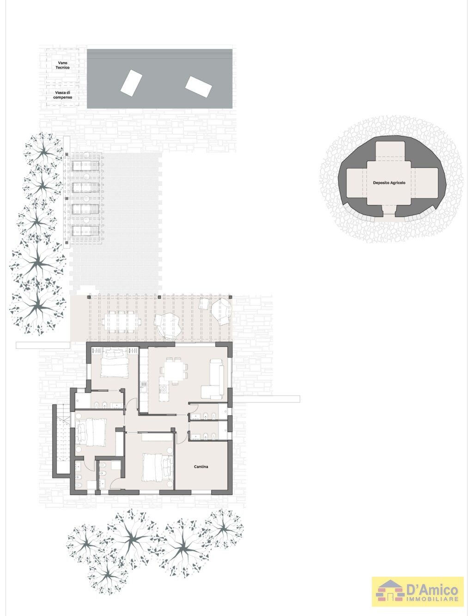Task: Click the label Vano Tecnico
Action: [x=63, y=65]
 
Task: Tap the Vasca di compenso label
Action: [x=63, y=95]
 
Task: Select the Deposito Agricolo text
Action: [x=389, y=183]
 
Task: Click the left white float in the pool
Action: [x=132, y=83]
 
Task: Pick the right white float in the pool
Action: [x=199, y=87]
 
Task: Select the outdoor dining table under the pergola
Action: [x=121, y=322]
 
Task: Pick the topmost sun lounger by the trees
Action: [x=85, y=165]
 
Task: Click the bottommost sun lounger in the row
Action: [x=85, y=231]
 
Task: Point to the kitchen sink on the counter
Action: [x=144, y=384]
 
